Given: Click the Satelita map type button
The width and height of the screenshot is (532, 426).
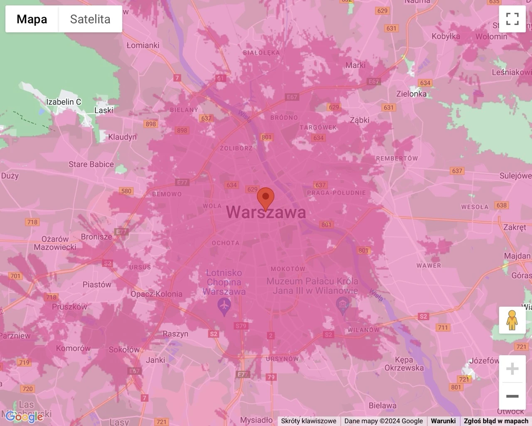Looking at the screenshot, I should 90,19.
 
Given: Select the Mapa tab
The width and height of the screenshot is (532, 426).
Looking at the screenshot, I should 32,19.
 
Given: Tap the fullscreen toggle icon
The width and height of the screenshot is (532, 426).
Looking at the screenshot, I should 512,19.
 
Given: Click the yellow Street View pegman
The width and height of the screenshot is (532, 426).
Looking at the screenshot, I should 512,320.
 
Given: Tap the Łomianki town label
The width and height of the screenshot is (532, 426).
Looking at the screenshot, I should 143,45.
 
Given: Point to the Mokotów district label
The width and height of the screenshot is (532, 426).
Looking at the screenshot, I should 288,269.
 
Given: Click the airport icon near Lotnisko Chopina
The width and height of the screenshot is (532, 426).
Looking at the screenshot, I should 224,307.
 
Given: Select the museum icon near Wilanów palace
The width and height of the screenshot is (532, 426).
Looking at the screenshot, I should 342,306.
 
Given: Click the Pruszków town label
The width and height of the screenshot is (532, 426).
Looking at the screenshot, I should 69,307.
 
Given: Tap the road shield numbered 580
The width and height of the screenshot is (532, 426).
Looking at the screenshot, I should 126,191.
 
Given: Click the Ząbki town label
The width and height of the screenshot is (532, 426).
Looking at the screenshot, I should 360,120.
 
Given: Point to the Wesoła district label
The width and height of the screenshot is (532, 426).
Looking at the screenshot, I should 475,207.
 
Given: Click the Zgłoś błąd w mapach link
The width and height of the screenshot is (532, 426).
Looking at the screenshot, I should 496,421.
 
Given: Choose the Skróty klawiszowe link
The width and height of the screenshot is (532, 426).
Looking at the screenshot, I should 308,421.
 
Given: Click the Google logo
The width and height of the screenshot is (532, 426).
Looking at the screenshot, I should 24,416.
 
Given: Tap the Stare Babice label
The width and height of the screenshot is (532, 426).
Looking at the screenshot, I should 91,164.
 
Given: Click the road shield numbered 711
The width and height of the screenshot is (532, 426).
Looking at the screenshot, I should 443,327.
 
